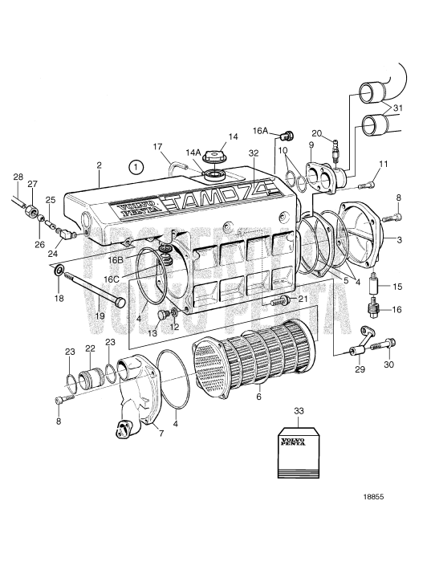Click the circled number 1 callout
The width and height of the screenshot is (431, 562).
136,168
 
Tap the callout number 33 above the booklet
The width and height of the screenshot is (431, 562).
299,411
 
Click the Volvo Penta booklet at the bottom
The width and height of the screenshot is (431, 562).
299,451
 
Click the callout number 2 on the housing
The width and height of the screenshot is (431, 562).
99,165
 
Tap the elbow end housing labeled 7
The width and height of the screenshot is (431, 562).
136,393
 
